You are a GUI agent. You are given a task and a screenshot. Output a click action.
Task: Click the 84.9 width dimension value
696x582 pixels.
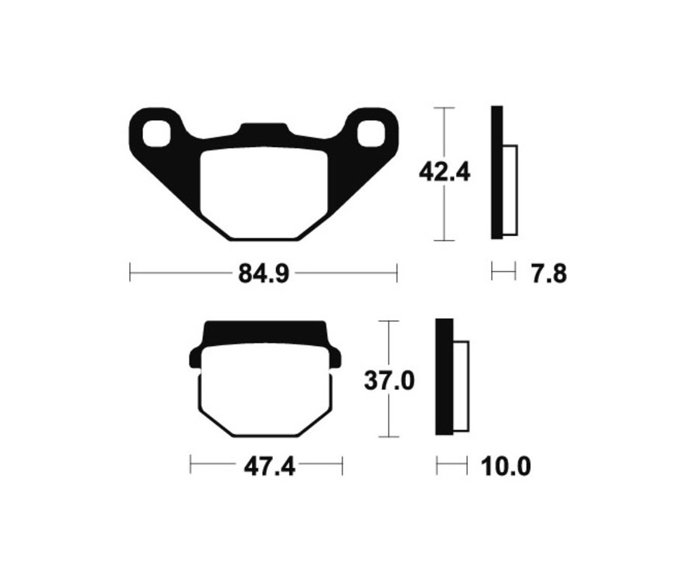tap(263, 273)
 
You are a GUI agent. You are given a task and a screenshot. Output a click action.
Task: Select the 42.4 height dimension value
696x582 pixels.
tap(444, 172)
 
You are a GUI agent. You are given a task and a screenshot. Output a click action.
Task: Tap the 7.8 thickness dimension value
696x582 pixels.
tap(549, 273)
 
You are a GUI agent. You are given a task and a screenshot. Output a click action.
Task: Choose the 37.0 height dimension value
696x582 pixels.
tap(390, 380)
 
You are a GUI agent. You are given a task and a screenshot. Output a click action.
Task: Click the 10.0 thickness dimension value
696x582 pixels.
tap(506, 467)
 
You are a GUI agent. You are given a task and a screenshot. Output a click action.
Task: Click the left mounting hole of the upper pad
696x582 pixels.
tap(158, 132)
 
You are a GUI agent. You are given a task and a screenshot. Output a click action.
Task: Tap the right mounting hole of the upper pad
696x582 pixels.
tap(370, 132)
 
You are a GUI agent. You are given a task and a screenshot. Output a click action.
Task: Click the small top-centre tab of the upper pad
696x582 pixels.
tap(263, 131)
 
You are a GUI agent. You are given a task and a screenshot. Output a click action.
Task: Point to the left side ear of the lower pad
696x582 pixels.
tap(196, 358)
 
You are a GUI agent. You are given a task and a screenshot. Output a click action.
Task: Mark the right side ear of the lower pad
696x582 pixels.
tap(335, 358)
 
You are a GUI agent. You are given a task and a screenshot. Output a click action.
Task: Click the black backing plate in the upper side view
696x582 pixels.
tap(496, 173)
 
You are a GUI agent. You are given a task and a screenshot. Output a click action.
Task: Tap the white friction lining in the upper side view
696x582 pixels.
tap(510, 190)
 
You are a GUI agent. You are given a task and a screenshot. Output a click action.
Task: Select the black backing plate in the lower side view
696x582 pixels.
tap(444, 377)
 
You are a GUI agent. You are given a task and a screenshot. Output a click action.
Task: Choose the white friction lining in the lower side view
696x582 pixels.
tap(460, 385)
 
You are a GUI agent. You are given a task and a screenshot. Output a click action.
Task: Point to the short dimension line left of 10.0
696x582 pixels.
tap(452, 465)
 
